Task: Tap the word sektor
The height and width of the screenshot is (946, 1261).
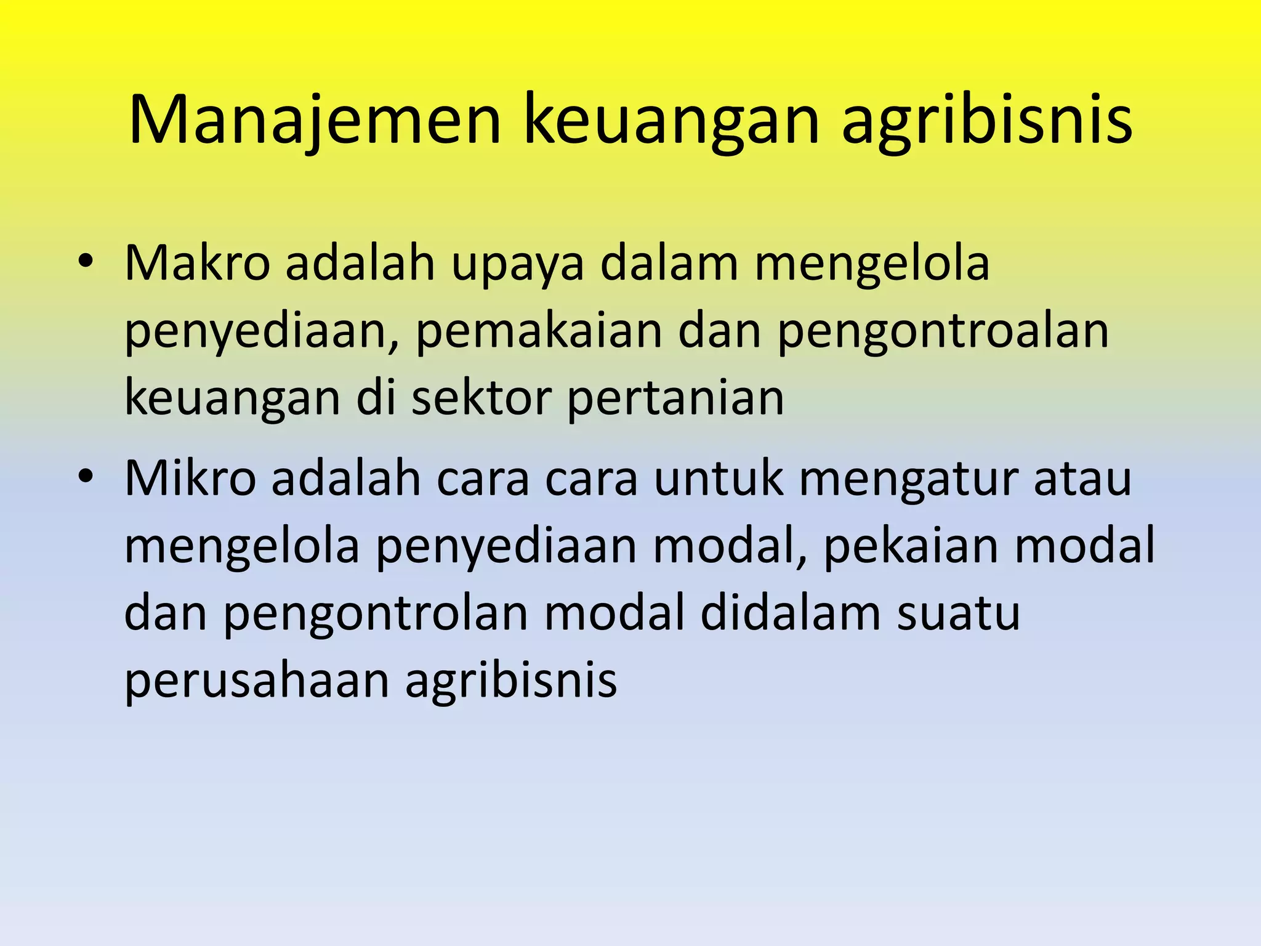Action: coord(481,398)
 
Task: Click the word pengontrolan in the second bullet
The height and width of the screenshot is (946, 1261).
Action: coord(375,614)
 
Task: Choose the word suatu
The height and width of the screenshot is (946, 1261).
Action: coord(958,613)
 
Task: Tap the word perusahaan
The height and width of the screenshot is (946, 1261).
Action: coord(257,682)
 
